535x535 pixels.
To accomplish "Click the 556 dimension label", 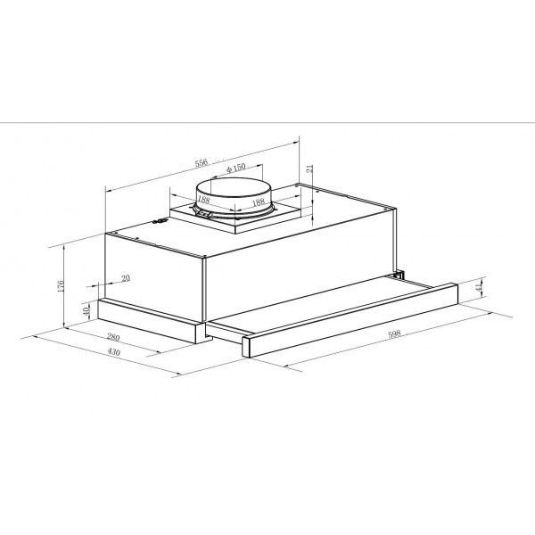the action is [202, 162].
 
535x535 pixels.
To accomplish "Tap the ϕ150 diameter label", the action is [236, 168].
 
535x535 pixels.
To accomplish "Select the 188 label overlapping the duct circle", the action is [203, 199].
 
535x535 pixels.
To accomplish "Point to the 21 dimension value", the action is [309, 169].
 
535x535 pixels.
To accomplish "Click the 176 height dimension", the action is [61, 286].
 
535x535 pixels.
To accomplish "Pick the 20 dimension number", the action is [126, 278].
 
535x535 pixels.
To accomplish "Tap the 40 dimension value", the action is [86, 310].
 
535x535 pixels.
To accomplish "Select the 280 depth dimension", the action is [113, 337].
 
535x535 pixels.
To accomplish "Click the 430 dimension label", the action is [114, 351].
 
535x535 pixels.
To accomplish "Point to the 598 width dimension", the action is [394, 333].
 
